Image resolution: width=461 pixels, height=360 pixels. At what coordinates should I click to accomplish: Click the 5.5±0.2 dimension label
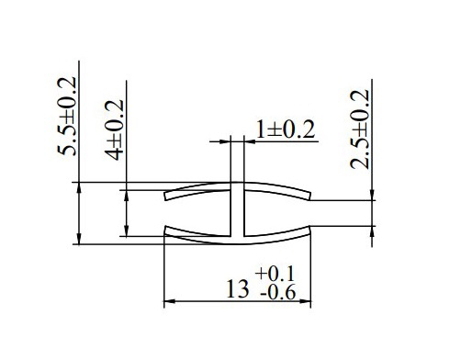[x=66, y=116]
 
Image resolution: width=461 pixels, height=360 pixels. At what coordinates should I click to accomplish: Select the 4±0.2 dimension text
[x=114, y=129]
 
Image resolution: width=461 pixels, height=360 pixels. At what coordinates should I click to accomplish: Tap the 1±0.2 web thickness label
[x=286, y=129]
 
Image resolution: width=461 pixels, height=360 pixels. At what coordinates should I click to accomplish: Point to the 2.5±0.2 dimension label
[x=360, y=129]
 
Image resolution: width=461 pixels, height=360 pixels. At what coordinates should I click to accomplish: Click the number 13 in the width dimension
[x=238, y=289]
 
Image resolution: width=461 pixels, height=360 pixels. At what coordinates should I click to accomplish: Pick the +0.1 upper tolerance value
[x=275, y=274]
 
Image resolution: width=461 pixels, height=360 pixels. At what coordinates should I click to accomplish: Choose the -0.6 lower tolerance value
[x=278, y=293]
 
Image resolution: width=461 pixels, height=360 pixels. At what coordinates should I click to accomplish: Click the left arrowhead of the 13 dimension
[x=170, y=301]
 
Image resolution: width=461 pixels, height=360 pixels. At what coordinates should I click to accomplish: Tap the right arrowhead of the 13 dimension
[x=305, y=301]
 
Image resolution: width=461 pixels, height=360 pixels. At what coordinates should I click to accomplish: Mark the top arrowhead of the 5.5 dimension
[x=79, y=188]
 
